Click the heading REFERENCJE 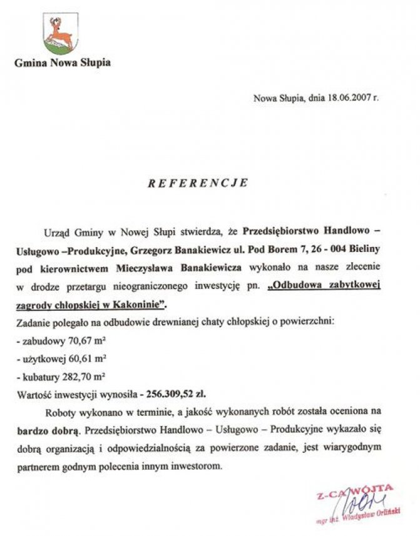click(x=198, y=183)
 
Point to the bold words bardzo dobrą click(x=53, y=431)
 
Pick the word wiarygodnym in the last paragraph click(x=353, y=449)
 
